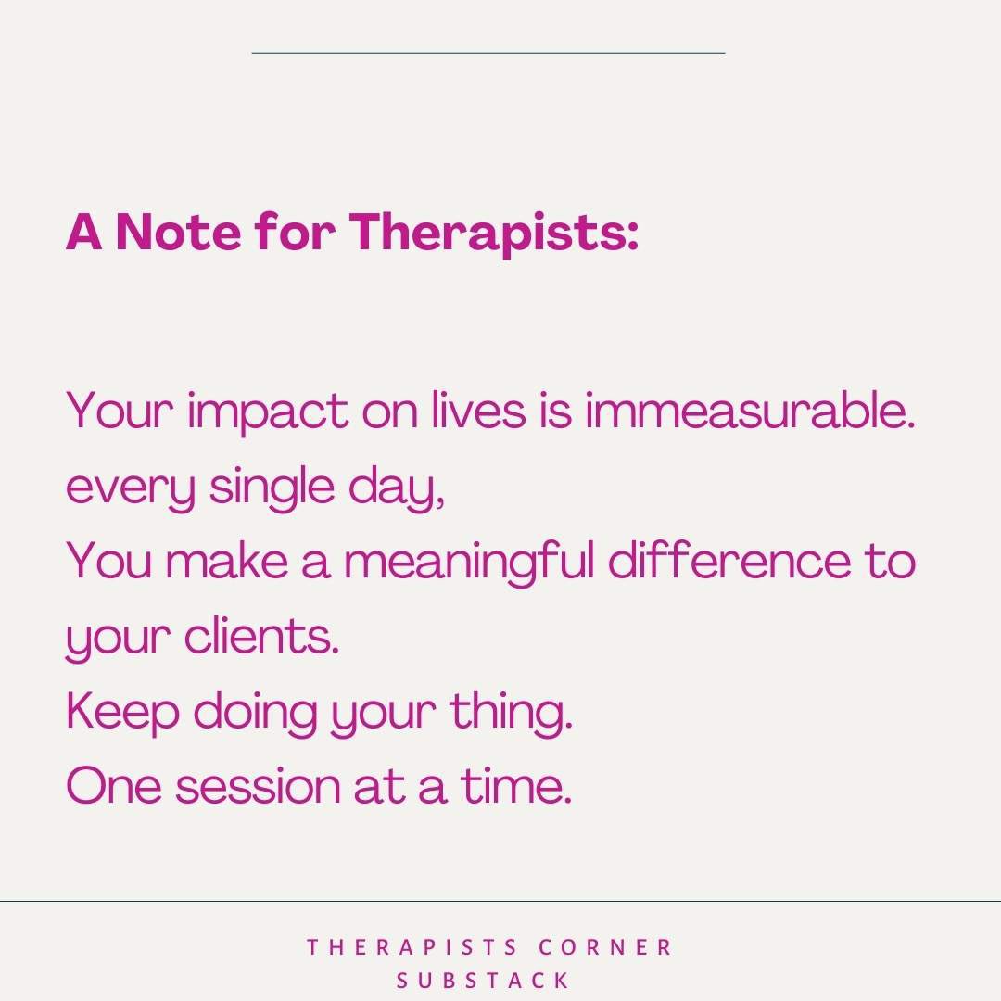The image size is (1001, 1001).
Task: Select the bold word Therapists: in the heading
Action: (494, 234)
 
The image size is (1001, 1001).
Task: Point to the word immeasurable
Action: (750, 412)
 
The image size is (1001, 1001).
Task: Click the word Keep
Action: (120, 712)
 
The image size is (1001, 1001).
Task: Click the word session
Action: (258, 787)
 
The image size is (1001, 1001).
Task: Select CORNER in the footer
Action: (607, 947)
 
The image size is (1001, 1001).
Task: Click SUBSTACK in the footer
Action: (483, 981)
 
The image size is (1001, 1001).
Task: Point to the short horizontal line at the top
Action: (488, 53)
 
